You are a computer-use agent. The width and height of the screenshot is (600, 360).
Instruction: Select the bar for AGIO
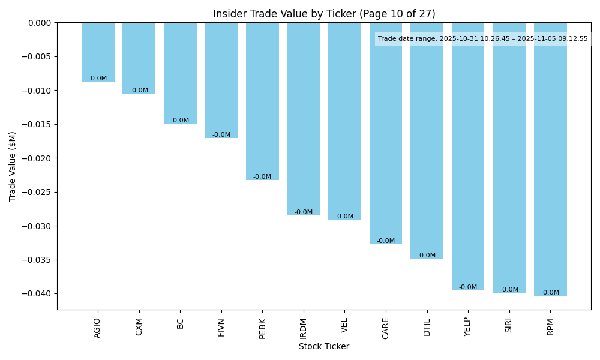pos(98,52)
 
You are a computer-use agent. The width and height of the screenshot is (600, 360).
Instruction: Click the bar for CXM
pos(139,58)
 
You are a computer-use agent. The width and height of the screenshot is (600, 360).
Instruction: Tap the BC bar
pos(180,73)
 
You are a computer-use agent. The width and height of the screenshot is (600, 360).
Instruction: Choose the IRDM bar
pos(304,119)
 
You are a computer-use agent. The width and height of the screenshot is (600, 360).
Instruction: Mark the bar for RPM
pos(550,159)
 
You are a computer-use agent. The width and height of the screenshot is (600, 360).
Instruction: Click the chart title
pos(324,14)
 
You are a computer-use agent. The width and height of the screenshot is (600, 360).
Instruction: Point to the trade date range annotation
pos(483,39)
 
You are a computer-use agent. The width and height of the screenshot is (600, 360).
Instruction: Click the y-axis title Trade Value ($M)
pos(13,166)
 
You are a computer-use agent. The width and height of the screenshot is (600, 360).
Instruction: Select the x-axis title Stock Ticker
pos(324,346)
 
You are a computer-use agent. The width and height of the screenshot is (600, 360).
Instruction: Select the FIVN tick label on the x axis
pos(221,327)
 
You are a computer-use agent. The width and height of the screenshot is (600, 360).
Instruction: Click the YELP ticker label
pos(468,327)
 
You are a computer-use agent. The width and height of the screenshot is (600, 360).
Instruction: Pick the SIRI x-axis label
pos(509,326)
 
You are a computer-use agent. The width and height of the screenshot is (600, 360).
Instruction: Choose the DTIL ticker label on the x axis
pos(427,327)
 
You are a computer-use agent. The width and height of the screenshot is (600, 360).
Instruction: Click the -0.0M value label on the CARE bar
pos(386,241)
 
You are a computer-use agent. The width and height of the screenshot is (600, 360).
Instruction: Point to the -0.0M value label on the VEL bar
pos(344,217)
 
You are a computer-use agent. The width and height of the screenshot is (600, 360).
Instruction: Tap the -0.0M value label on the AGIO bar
pos(98,79)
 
